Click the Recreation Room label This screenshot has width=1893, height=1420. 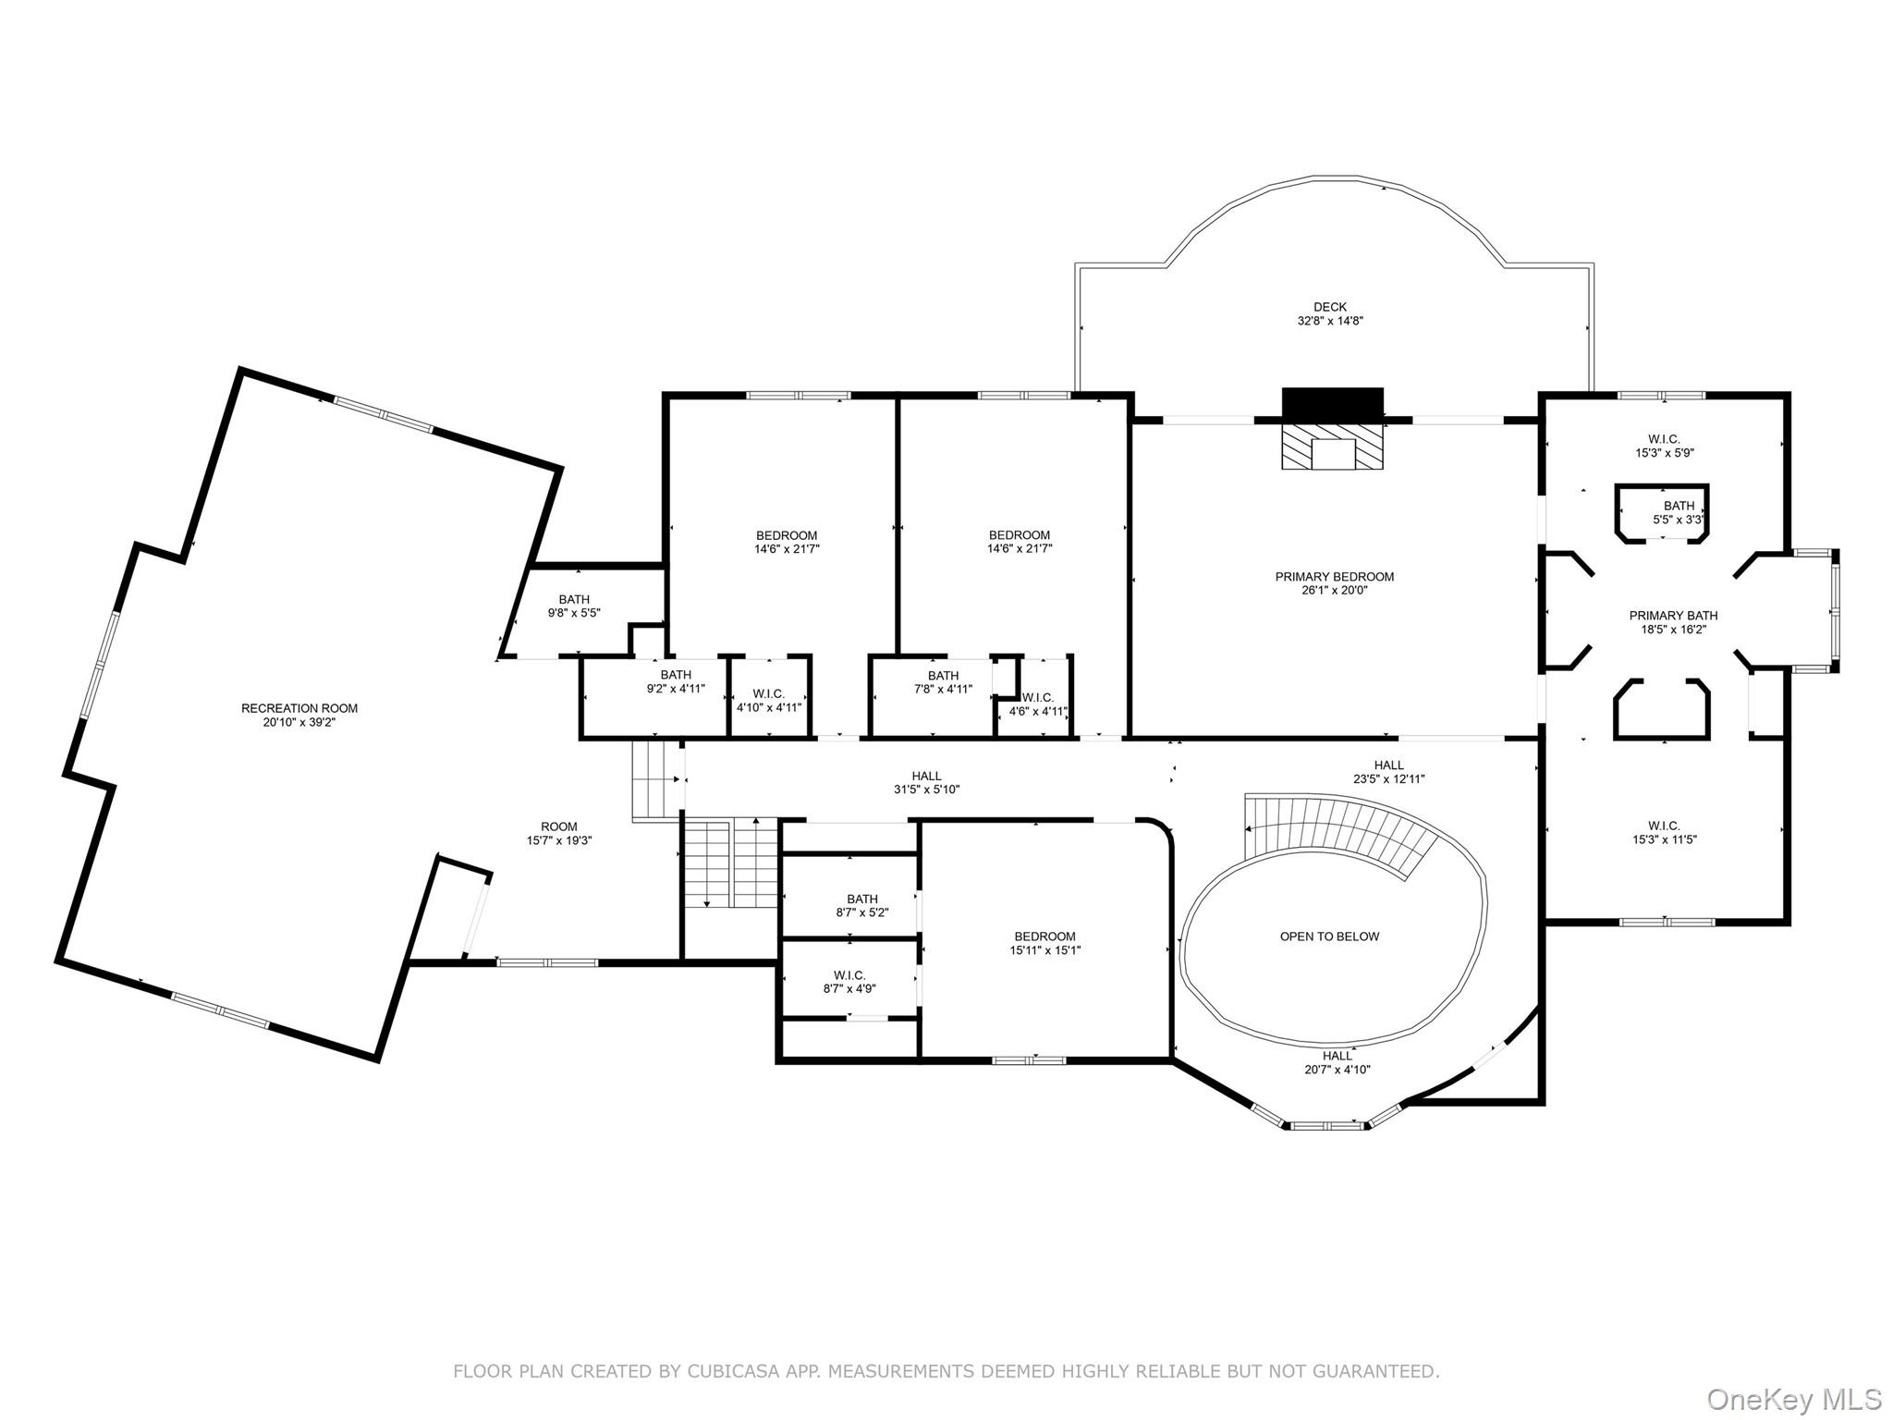(299, 708)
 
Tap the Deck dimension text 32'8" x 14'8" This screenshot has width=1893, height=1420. (1330, 322)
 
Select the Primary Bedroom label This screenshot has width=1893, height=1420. (1334, 577)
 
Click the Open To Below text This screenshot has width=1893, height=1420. (1329, 936)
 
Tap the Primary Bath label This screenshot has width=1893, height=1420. (1673, 616)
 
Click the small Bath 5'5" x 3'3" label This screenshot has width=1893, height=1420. (1679, 513)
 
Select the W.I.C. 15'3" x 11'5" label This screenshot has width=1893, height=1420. (1663, 833)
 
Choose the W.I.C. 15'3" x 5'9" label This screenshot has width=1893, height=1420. (1663, 447)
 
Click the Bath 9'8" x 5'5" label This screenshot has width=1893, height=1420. (573, 606)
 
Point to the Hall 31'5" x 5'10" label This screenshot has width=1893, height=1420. (926, 783)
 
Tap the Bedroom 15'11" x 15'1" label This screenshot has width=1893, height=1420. (1044, 943)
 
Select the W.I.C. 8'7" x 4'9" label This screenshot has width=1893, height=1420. (849, 982)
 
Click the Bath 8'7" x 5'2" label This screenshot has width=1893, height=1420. (861, 905)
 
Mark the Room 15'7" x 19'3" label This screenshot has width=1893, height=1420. (558, 834)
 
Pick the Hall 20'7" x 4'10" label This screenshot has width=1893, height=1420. (1337, 1062)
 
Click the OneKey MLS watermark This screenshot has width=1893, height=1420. (1793, 1399)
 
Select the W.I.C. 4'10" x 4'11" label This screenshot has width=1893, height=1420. (768, 700)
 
